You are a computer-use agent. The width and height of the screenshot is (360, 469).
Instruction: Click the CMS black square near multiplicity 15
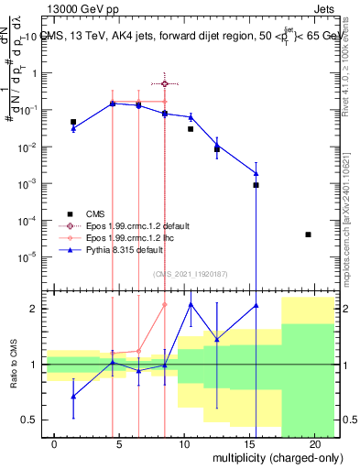256,185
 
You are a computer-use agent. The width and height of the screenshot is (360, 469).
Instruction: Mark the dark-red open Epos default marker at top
165,83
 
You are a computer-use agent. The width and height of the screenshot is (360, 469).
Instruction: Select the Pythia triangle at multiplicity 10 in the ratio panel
191,304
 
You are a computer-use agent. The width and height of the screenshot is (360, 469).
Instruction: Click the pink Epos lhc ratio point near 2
165,305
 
